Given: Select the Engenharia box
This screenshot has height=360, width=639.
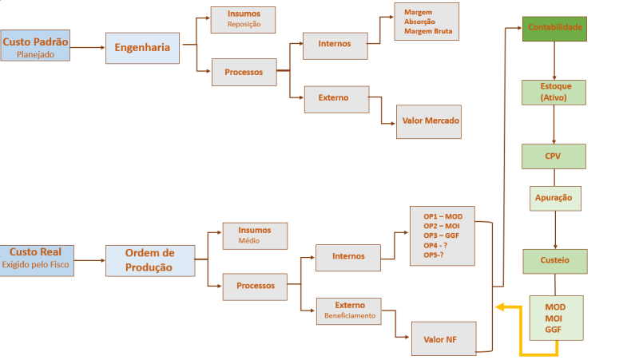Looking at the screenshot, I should pos(142,48).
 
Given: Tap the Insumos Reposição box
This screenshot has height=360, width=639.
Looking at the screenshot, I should pos(243,19).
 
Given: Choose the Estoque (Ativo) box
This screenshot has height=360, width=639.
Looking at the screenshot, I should pos(554,92).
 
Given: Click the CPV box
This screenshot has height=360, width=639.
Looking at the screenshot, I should pos(554,156).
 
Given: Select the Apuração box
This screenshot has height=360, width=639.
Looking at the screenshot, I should pos(554,197).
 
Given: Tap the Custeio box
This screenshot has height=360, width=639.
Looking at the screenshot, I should pos(554,260).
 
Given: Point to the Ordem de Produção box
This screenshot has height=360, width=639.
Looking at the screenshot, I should pos(149,260).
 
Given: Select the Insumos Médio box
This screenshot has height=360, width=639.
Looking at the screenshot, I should pos(255,235).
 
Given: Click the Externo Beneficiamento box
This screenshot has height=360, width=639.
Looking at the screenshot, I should pos(349,311).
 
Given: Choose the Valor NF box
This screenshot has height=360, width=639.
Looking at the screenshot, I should pos(443,338).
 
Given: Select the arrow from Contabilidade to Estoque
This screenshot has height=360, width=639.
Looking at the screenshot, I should pos(554,61).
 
